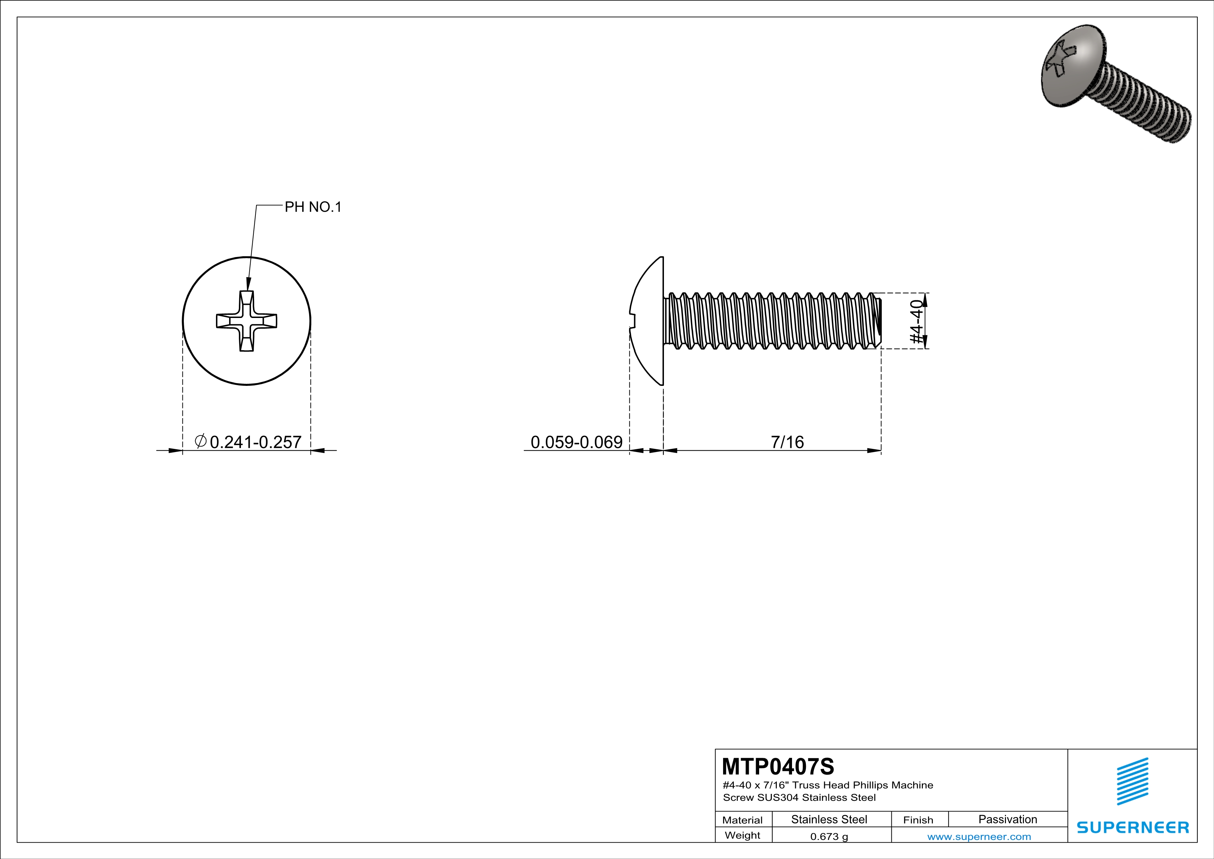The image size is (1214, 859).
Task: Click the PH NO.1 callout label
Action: [313, 207]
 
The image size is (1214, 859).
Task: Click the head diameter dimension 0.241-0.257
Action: [255, 442]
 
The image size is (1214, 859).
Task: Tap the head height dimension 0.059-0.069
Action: [576, 442]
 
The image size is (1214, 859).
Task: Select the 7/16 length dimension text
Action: [787, 442]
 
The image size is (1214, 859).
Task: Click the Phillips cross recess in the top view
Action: [247, 321]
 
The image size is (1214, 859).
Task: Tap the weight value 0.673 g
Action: [829, 836]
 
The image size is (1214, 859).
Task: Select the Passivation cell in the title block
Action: [1007, 819]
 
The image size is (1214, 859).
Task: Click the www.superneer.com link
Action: [979, 836]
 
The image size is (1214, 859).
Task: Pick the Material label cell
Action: [743, 820]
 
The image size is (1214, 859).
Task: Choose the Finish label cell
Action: [918, 820]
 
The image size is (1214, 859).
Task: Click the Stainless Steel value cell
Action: [829, 819]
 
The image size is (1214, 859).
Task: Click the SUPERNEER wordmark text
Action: [1133, 827]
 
